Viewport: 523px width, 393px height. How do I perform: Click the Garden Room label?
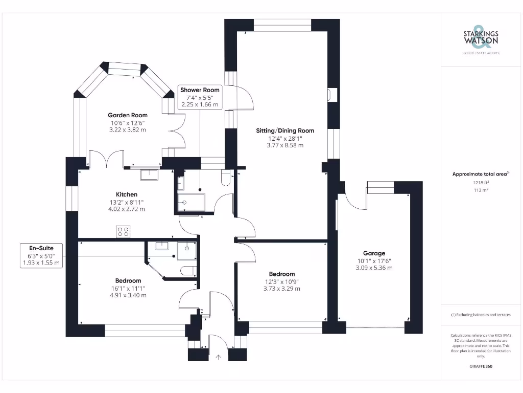(x=128, y=115)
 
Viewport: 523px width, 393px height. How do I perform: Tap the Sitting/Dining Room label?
(x=285, y=130)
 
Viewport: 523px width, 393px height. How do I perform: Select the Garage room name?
(x=374, y=253)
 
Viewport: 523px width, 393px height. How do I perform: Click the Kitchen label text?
(x=127, y=194)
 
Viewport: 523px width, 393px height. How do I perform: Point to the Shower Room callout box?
(x=200, y=97)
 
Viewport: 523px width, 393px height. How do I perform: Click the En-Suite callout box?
(x=41, y=255)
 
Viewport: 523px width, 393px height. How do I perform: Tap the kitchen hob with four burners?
(x=123, y=232)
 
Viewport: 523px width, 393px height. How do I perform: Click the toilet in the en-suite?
(x=188, y=270)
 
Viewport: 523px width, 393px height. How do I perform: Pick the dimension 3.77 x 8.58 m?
(x=285, y=145)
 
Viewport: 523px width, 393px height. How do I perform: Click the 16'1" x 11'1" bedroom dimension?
(x=128, y=288)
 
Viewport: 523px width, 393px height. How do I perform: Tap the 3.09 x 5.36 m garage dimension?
(x=374, y=268)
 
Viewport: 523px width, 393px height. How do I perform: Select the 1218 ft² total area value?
(x=480, y=182)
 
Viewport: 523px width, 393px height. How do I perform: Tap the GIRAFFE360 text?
(x=480, y=366)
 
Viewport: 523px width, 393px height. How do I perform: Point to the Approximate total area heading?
(x=480, y=174)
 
